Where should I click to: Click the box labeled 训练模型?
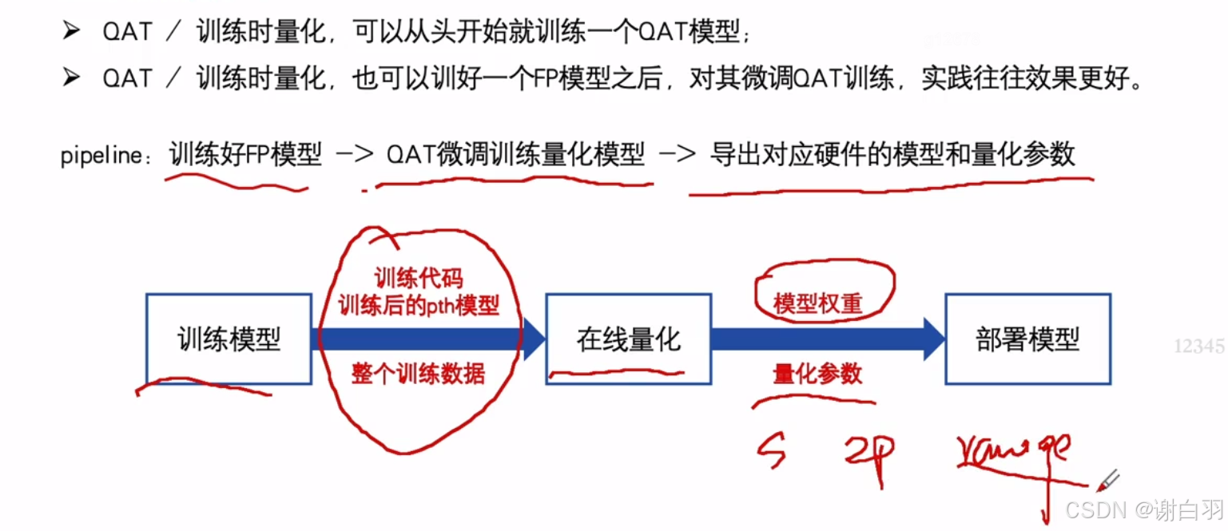coord(229,339)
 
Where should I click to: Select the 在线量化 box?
coord(628,339)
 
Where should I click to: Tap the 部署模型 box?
coord(1027,339)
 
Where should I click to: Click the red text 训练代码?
coord(419,278)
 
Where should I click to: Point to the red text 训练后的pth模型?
coord(419,305)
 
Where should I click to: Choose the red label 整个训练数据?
coord(418,374)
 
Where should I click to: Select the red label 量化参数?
coord(817,374)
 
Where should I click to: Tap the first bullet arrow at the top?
coord(72,32)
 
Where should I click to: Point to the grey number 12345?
coord(1198,347)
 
